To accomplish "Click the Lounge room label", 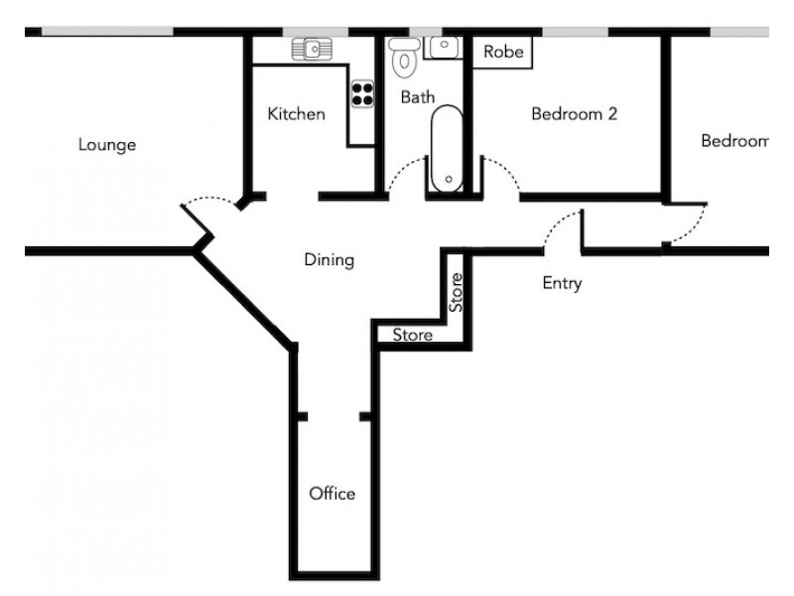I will (107, 145).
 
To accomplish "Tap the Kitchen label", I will (296, 114).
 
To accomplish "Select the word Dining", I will (329, 261).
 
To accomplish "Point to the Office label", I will (331, 494).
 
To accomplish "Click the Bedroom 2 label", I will (575, 114).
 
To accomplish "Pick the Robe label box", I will (501, 53).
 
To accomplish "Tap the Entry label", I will (562, 284).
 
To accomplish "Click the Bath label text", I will (414, 97).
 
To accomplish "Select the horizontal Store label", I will (412, 336).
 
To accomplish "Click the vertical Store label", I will (456, 293).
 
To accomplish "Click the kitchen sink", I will (311, 47).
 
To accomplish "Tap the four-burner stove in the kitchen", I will (362, 92).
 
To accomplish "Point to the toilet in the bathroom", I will (403, 58).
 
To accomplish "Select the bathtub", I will (448, 149).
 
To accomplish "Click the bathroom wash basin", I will (443, 46).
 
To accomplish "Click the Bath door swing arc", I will (403, 175).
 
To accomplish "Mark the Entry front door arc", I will (562, 227).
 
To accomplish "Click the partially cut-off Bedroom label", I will (734, 141).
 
